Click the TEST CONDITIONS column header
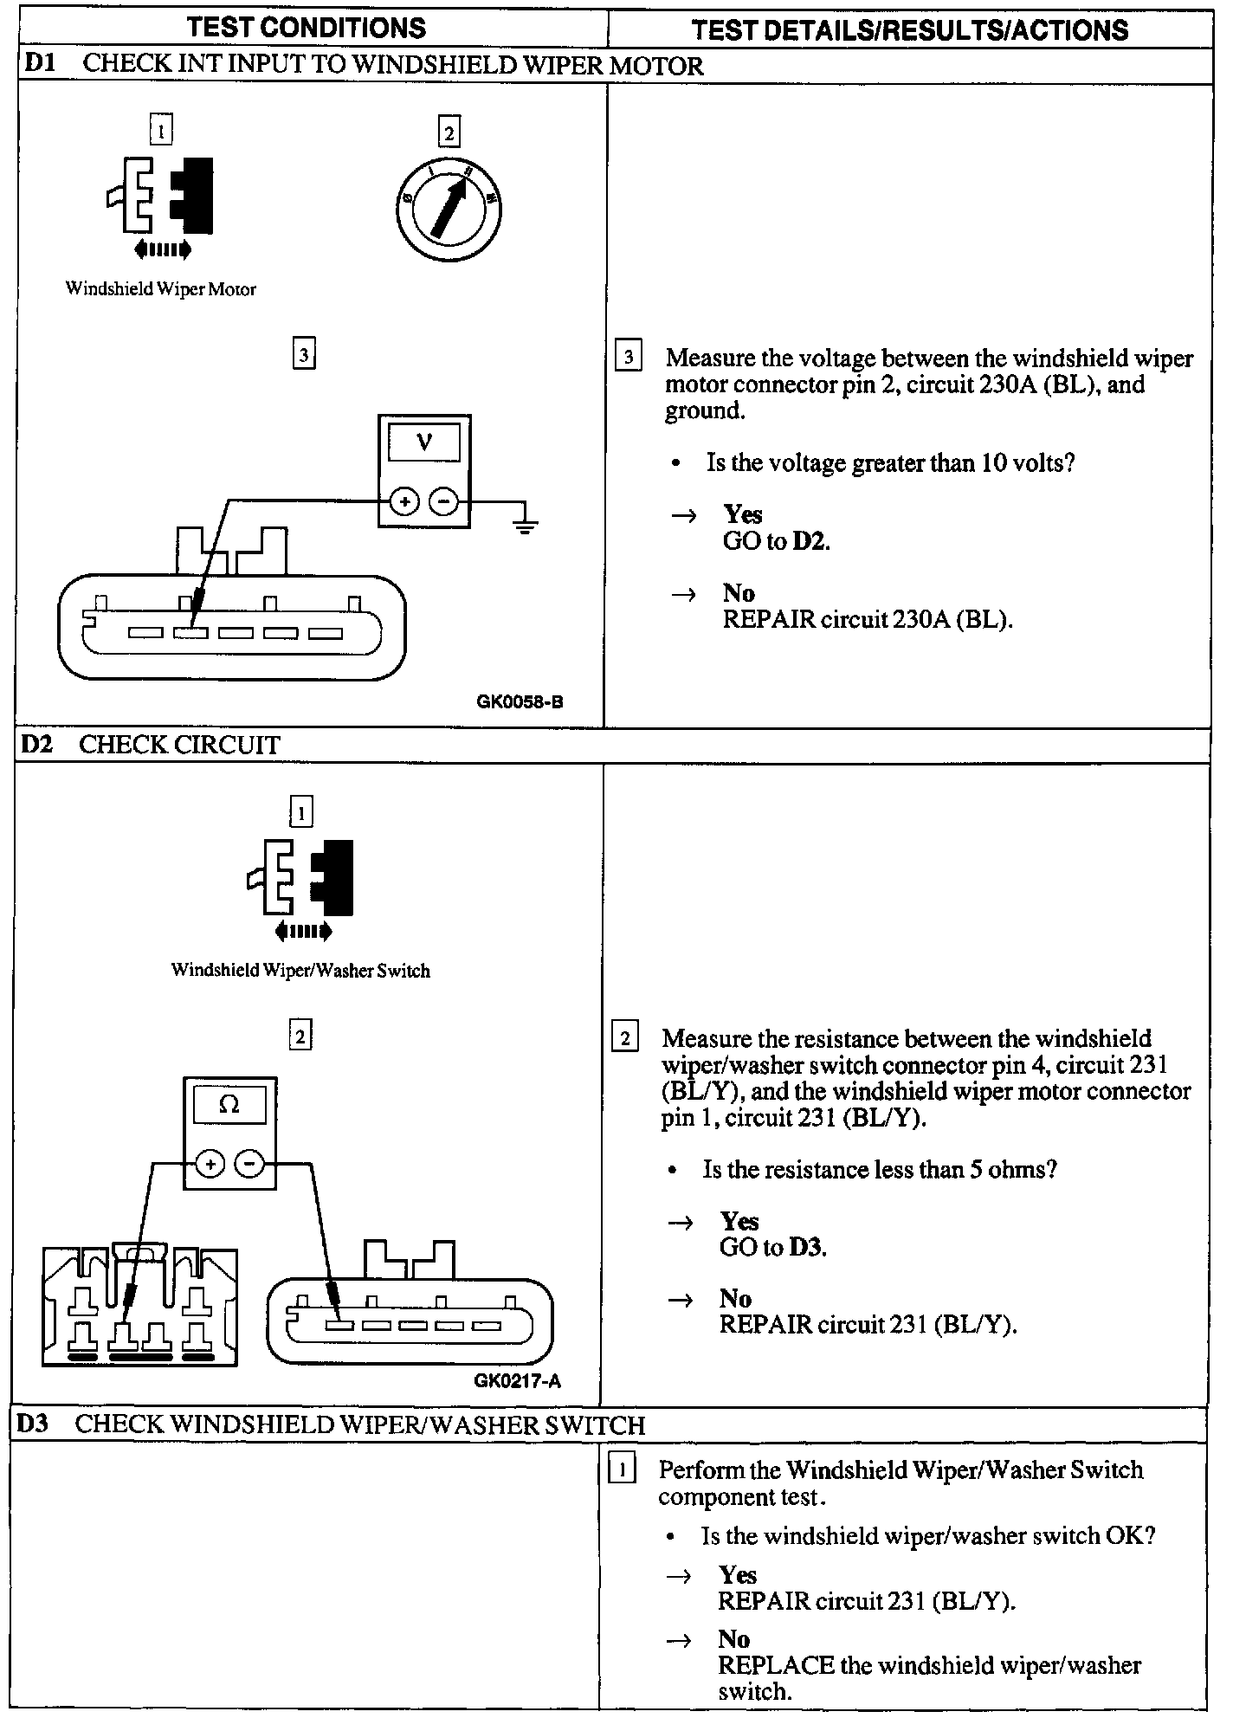pos(307,28)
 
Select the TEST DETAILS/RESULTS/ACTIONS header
pos(909,30)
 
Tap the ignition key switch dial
pos(448,206)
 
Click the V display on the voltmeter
pos(424,443)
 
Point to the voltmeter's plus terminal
pos(404,501)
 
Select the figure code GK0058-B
pos(520,701)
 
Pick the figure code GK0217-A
pos(517,1380)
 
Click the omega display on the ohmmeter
pos(229,1105)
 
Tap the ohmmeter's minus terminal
pos(250,1164)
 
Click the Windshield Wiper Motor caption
pos(161,289)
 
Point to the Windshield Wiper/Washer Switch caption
pos(300,971)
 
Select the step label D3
pos(33,1424)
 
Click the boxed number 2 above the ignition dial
pos(449,132)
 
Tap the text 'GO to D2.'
pos(776,541)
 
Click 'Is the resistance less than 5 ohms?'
pos(880,1169)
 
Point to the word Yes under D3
pos(737,1575)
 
